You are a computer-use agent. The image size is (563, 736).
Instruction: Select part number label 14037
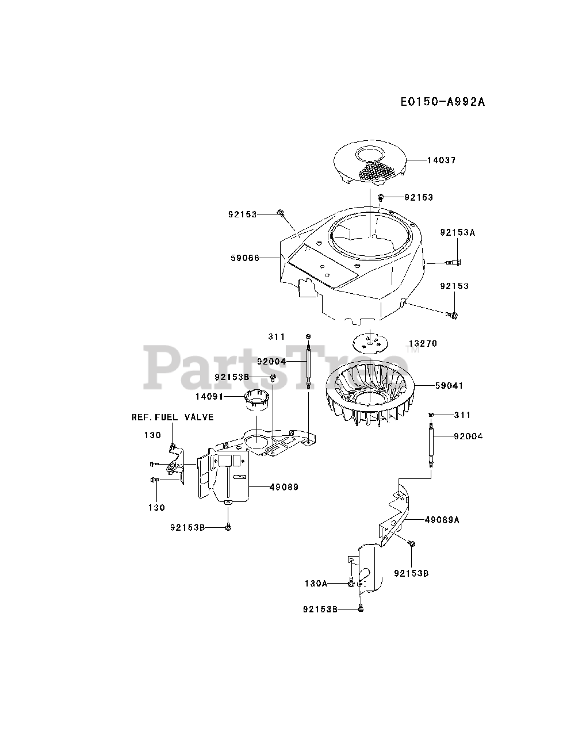pyautogui.click(x=441, y=160)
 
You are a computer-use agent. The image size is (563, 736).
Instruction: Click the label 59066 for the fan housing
pyautogui.click(x=245, y=258)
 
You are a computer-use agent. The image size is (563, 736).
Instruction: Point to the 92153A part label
pyautogui.click(x=458, y=233)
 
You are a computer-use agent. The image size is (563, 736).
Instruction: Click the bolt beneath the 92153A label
pyautogui.click(x=454, y=263)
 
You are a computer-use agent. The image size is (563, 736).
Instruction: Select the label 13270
pyautogui.click(x=423, y=343)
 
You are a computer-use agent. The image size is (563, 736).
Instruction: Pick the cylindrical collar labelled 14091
pyautogui.click(x=257, y=400)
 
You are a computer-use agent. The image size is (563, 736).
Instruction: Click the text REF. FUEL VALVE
pyautogui.click(x=173, y=417)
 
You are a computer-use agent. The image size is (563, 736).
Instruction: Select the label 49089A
pyautogui.click(x=442, y=520)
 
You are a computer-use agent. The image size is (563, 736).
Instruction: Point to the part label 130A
pyautogui.click(x=316, y=583)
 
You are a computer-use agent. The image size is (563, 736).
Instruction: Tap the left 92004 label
pyautogui.click(x=271, y=361)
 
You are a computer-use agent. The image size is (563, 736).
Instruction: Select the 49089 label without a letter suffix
pyautogui.click(x=284, y=486)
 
